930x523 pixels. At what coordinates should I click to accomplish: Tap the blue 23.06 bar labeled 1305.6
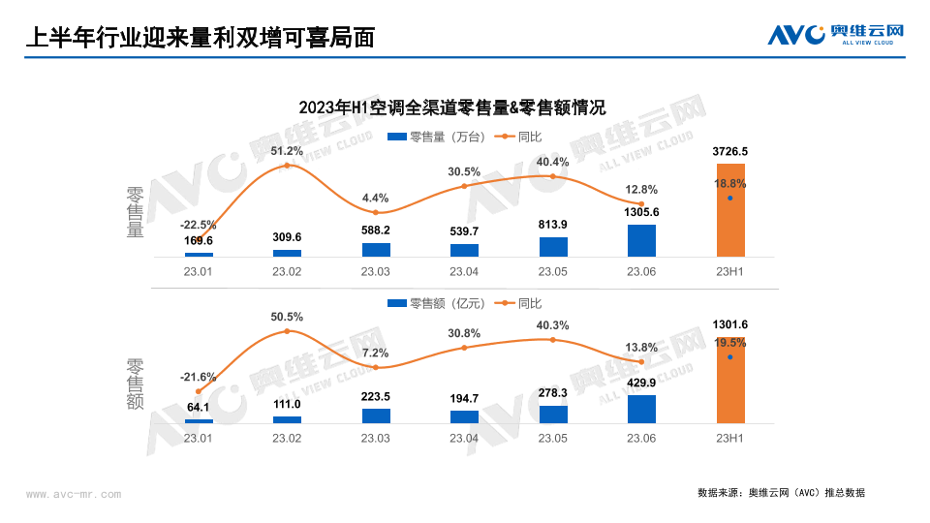pos(641,240)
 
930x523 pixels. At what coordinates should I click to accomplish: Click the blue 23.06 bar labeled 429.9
pos(641,409)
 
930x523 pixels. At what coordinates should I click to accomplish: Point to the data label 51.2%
pos(287,151)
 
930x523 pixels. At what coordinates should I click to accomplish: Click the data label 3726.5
pos(729,152)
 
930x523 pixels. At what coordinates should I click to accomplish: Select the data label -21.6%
pos(198,376)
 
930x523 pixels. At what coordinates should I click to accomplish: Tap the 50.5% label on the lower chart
pos(287,317)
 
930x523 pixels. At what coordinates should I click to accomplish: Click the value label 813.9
pos(553,225)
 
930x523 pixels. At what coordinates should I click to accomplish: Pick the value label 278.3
pos(553,393)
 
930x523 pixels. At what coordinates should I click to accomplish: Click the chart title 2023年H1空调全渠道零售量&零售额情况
pos(451,107)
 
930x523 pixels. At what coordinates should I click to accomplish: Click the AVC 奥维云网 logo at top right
pos(836,34)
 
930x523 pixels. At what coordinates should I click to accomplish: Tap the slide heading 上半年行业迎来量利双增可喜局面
pos(199,37)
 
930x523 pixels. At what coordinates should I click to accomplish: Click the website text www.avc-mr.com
pos(74,495)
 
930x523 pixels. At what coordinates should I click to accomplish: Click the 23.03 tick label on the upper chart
pos(376,272)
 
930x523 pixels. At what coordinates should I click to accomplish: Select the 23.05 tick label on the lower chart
pos(553,439)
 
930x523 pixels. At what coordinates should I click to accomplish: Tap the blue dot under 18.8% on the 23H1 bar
pos(730,199)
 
